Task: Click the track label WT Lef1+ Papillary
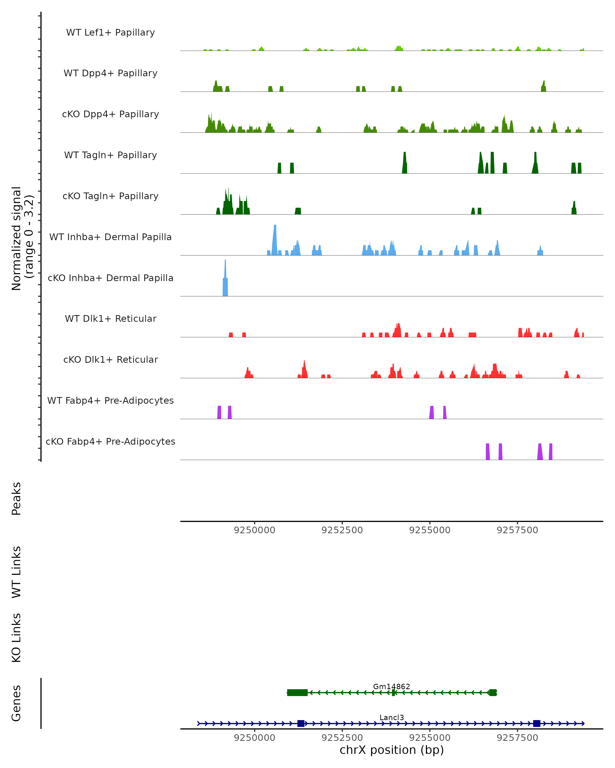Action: point(110,33)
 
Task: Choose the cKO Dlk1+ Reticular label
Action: point(110,359)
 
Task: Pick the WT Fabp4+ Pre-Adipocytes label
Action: point(110,400)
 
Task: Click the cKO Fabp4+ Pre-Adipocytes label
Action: point(110,441)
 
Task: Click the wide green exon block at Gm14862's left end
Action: point(297,692)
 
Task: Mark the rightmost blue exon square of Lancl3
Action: point(537,723)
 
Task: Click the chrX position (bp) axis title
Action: point(392,750)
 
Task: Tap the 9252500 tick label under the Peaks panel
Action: point(342,530)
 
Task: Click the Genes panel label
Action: point(16,703)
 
